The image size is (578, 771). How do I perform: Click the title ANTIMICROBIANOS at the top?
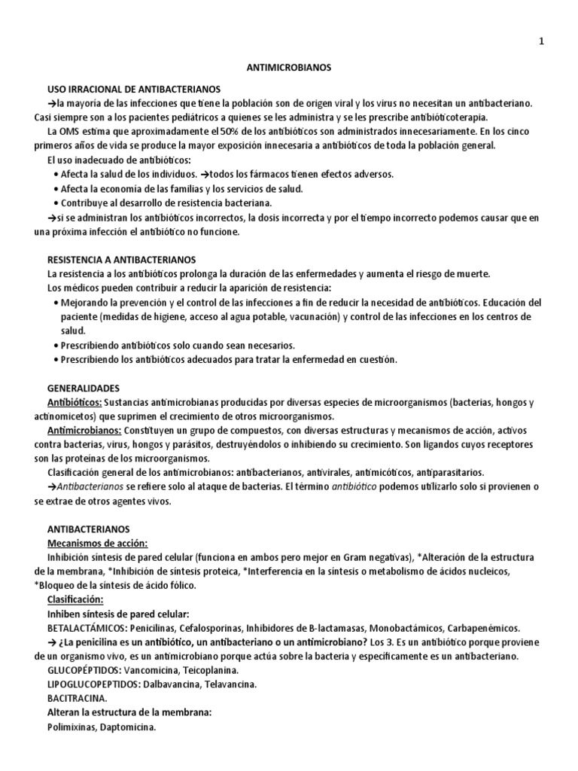coord(289,67)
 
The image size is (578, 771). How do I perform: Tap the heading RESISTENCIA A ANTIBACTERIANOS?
coord(121,258)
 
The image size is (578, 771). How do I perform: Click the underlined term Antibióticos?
coord(75,403)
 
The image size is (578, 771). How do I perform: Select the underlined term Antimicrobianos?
coord(84,431)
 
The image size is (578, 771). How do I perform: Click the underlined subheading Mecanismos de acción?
coord(97,543)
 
